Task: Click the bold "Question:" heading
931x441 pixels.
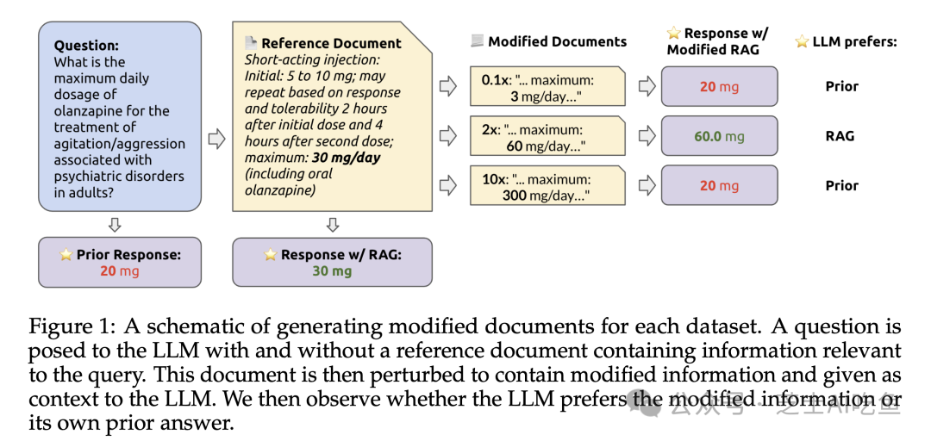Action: tap(86, 46)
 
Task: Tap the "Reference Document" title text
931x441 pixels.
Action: tap(331, 43)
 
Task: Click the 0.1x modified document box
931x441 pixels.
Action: tap(547, 86)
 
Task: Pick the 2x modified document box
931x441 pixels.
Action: tap(547, 136)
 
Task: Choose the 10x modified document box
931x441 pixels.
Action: tap(547, 186)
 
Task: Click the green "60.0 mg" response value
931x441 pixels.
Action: tap(719, 136)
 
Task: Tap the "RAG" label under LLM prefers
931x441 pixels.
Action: tap(840, 136)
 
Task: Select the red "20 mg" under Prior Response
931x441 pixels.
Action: tap(119, 271)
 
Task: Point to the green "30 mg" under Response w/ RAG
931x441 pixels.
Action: tap(332, 271)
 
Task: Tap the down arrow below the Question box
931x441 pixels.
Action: tap(115, 225)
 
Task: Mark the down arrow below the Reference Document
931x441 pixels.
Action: tap(332, 225)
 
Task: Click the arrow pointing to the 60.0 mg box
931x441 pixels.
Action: tap(645, 136)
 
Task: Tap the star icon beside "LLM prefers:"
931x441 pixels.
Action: tap(802, 41)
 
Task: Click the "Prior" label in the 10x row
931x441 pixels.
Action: tap(841, 186)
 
